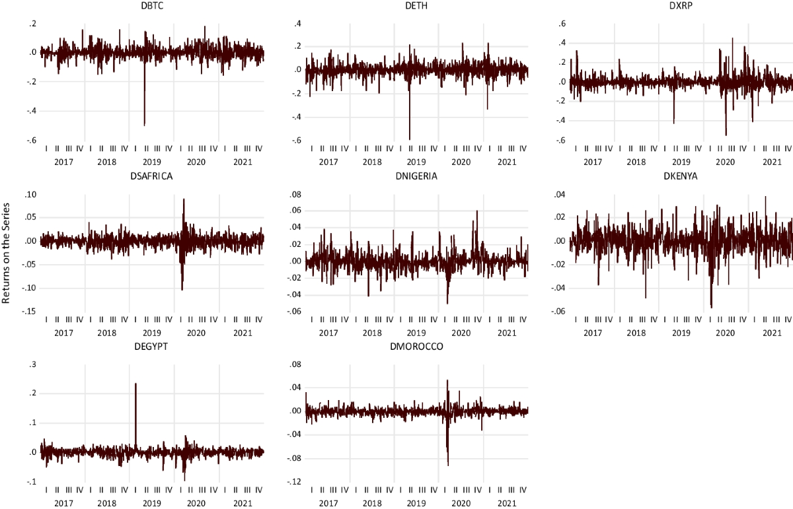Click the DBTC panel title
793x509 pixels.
(x=152, y=6)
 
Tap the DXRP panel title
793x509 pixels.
(x=681, y=6)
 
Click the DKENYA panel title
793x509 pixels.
(x=681, y=176)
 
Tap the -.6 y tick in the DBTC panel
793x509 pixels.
(x=30, y=140)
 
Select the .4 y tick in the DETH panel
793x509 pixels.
(x=297, y=24)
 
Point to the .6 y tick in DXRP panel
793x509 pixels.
(x=562, y=24)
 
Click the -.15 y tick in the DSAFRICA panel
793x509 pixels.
(x=29, y=311)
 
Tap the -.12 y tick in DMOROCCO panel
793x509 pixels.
(x=295, y=482)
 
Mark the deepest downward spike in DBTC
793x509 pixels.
(x=144, y=124)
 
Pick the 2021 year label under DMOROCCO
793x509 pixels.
(x=506, y=504)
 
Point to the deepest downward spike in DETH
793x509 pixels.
(x=410, y=138)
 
